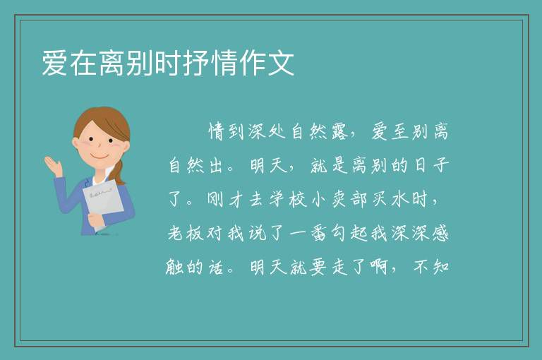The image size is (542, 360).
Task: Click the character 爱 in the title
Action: pyautogui.click(x=54, y=63)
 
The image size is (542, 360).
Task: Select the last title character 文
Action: pyautogui.click(x=282, y=63)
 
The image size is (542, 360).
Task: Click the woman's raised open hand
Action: pyautogui.click(x=53, y=165)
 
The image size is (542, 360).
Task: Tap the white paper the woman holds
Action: pyautogui.click(x=102, y=203)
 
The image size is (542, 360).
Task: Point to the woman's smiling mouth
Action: pyautogui.click(x=100, y=157)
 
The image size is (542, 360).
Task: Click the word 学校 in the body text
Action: pyautogui.click(x=288, y=200)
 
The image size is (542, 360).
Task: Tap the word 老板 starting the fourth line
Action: pyautogui.click(x=186, y=234)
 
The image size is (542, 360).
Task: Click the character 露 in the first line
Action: pyautogui.click(x=339, y=132)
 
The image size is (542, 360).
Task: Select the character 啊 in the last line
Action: pyautogui.click(x=379, y=267)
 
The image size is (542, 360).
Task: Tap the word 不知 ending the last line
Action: pyautogui.click(x=431, y=267)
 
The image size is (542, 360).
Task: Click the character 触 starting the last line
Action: pyautogui.click(x=174, y=267)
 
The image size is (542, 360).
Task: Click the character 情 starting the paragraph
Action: pyautogui.click(x=217, y=132)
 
